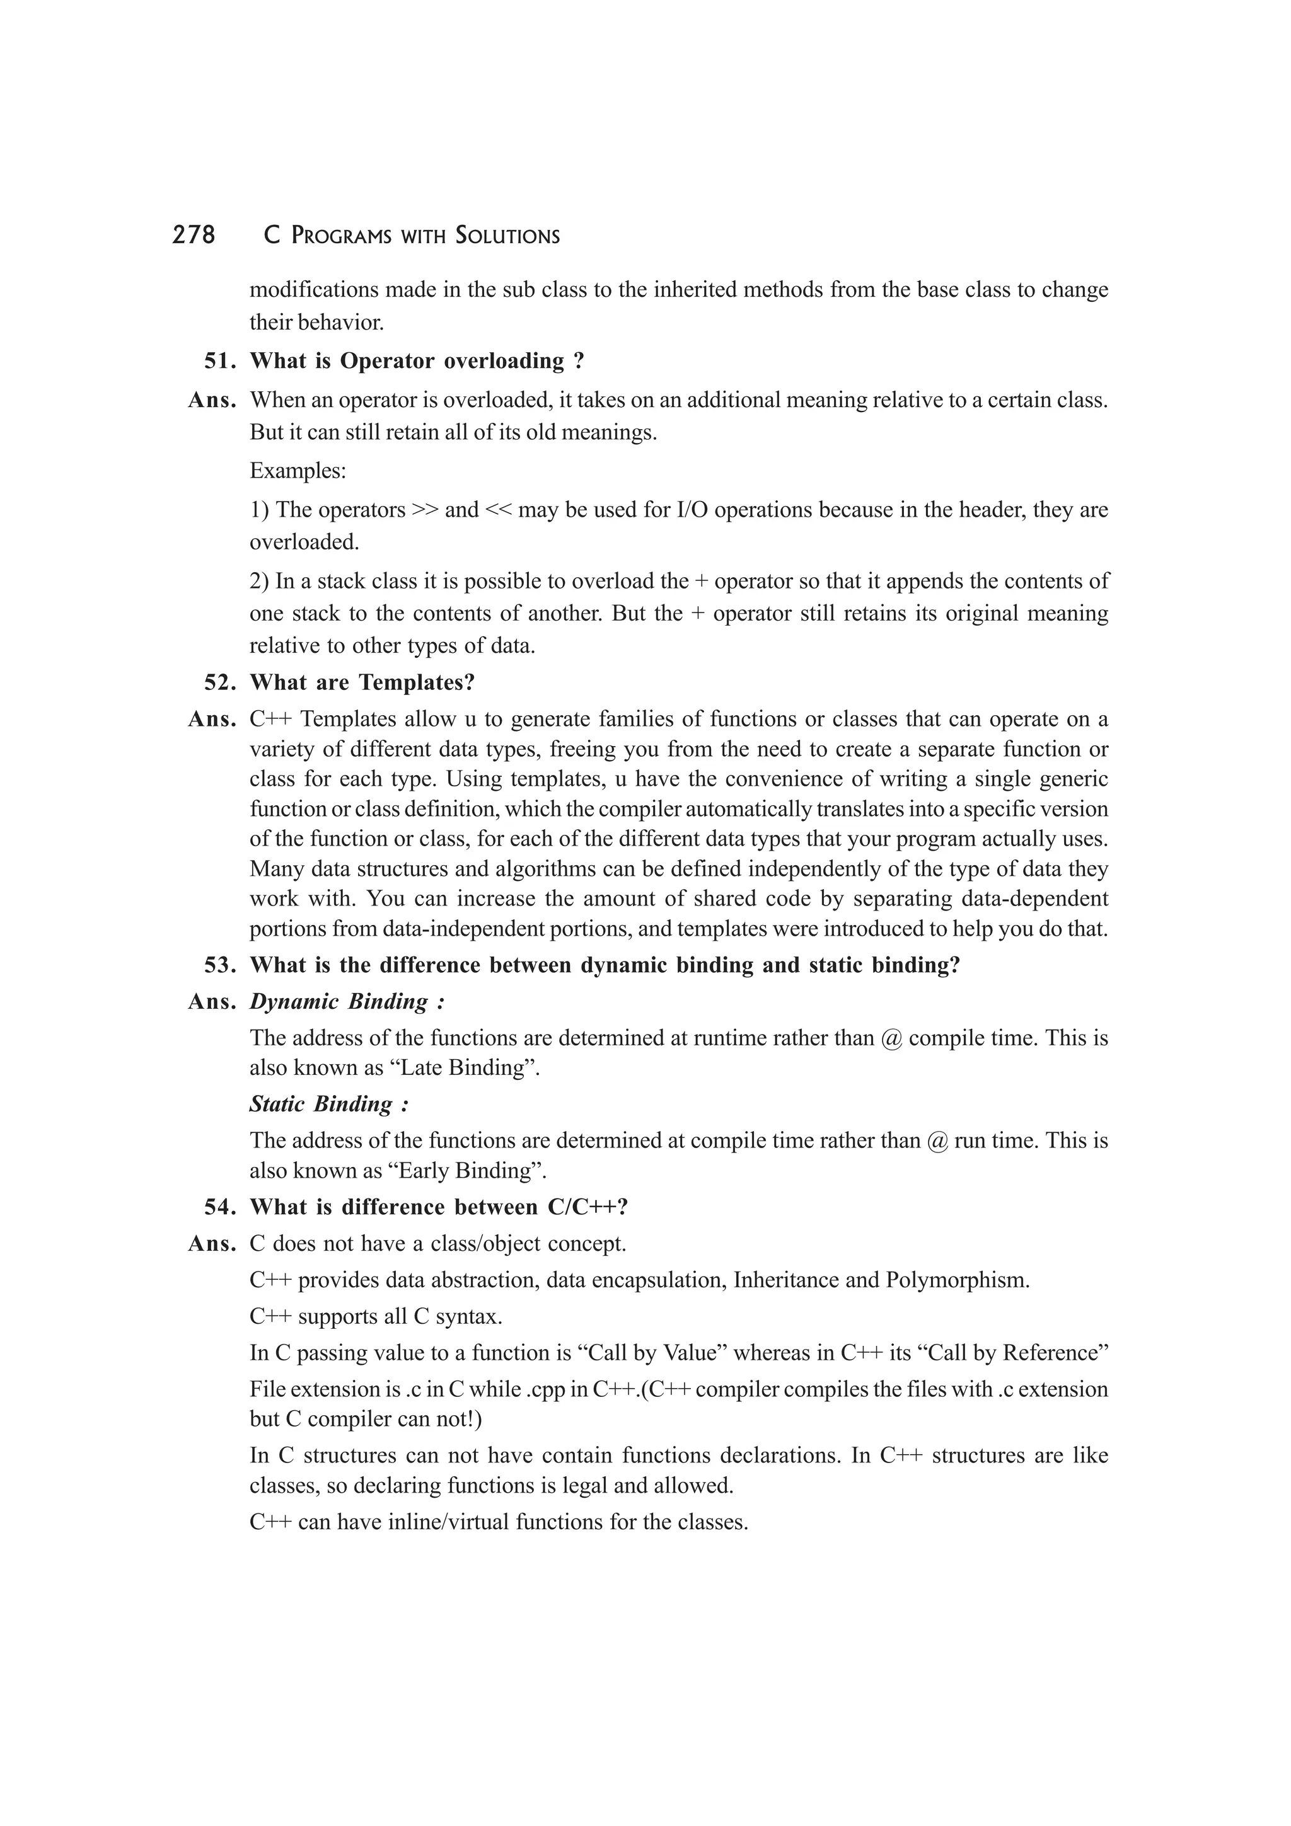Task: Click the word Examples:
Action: click(x=298, y=471)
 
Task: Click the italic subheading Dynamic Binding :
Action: click(x=347, y=1002)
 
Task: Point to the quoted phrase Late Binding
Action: click(x=461, y=1067)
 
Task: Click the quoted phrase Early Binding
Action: click(x=465, y=1171)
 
